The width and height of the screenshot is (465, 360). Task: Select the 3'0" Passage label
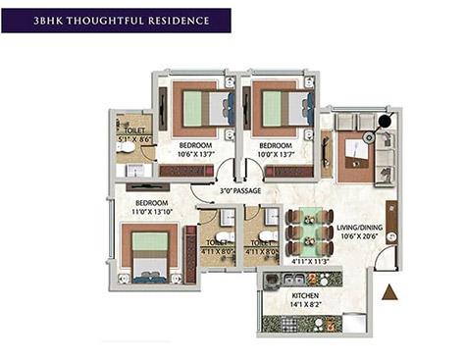coord(239,190)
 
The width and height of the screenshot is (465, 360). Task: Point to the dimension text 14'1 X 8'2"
coord(300,304)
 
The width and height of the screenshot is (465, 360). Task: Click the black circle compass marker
coord(385,122)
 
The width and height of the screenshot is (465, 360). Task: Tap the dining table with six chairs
coord(303,232)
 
